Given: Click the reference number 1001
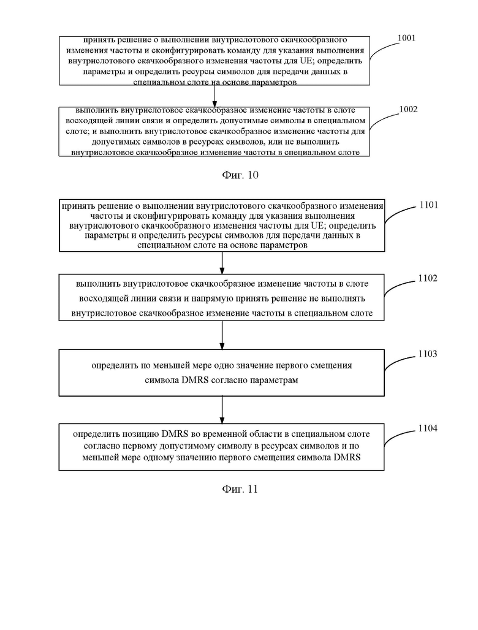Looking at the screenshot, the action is pos(406,38).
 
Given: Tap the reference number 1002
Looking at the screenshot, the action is pos(408,109).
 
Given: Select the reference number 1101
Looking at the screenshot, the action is pos(428,205).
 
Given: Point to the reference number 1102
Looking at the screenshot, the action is pos(428,278).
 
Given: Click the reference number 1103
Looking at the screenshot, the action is pos(428,354).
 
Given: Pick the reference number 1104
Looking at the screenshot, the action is pos(428,428).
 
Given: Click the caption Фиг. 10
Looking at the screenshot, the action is pos(240,175).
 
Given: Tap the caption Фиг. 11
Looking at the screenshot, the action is pos(240,488).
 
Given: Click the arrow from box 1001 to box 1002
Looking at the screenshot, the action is pos(214,96).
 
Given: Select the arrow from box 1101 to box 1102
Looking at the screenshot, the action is pos(222,263).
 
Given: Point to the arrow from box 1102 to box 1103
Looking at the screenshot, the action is pos(222,335).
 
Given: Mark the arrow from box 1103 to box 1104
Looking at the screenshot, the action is pos(222,410).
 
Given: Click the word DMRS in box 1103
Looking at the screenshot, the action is pos(195,380).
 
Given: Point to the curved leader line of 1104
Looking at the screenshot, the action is pos(400,436).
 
